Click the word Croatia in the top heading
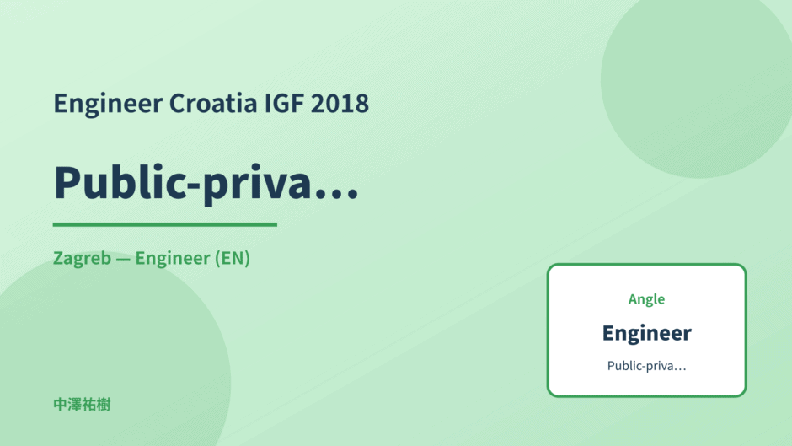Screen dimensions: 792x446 213,103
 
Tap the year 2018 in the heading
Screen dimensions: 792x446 340,103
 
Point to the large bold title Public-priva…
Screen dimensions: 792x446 206,183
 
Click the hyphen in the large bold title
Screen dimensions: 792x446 194,185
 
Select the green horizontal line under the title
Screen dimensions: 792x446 164,224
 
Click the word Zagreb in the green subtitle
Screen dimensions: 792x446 83,258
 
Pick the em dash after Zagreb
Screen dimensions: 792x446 123,259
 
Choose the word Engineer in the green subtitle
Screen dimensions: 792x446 172,259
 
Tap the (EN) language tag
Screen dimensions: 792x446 233,258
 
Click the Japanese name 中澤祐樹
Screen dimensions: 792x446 82,405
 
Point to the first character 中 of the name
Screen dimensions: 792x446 60,405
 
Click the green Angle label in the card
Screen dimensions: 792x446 646,299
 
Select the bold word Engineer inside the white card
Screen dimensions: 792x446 646,333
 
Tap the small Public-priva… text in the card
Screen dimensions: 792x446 646,366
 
